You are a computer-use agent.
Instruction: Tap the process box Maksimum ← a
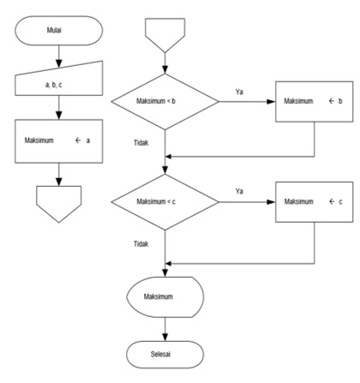pyautogui.click(x=58, y=141)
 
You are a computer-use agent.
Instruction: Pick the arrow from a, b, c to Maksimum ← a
pyautogui.click(x=58, y=108)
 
